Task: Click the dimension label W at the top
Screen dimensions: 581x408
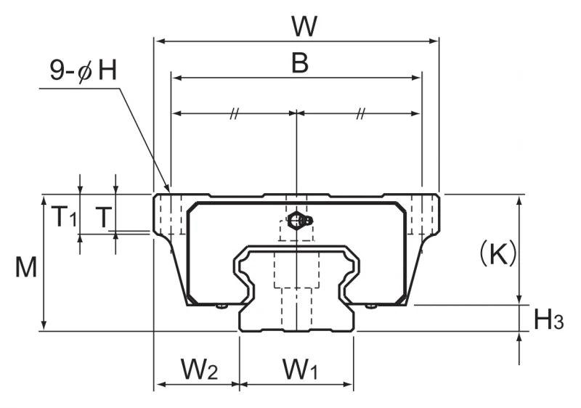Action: [x=304, y=26]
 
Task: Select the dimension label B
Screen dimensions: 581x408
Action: [x=300, y=62]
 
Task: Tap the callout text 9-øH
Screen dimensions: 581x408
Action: [x=84, y=70]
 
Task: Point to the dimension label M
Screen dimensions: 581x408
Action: [x=26, y=267]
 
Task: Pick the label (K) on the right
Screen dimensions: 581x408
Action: [x=498, y=253]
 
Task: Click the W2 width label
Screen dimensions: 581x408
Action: [x=199, y=369]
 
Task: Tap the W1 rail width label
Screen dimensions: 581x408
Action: [x=300, y=369]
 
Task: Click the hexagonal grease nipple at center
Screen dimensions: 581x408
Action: [x=296, y=220]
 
